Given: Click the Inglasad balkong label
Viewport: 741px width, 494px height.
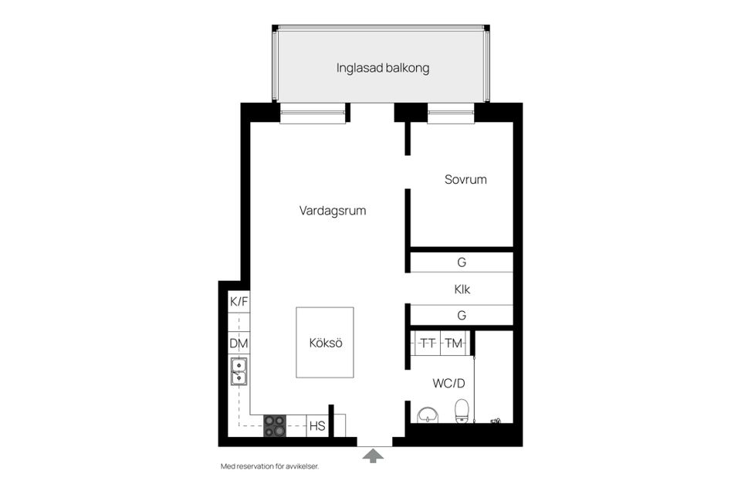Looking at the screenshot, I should (382, 68).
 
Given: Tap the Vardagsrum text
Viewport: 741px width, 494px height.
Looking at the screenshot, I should (332, 210).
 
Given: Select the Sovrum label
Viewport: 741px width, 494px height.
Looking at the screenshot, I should (465, 180).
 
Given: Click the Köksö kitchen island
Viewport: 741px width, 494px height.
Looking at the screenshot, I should (325, 343).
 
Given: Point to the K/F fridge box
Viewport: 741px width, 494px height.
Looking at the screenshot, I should (239, 302).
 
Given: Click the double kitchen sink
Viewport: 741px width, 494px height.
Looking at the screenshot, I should (239, 371).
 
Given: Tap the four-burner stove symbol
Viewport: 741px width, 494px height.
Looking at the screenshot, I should (275, 426).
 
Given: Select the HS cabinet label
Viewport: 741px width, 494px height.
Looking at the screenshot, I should (316, 426).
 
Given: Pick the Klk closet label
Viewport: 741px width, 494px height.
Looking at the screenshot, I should (462, 290).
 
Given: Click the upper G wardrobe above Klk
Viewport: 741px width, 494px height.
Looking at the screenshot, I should (462, 262).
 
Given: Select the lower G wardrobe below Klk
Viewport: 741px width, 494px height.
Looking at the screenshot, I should (462, 315).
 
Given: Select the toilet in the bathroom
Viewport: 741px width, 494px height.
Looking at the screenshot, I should (462, 411).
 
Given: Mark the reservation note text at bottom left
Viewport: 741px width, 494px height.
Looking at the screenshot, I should (269, 466).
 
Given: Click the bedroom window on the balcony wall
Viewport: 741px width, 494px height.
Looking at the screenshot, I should (451, 117).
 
